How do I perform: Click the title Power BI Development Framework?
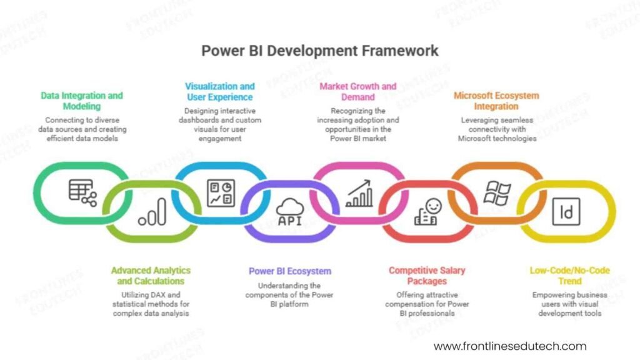click(x=319, y=51)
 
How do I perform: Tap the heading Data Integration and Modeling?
click(x=82, y=101)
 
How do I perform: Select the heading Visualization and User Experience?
click(x=219, y=91)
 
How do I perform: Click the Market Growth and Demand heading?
click(x=357, y=91)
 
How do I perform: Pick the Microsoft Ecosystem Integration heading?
click(x=496, y=101)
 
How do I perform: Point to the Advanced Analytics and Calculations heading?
click(x=151, y=276)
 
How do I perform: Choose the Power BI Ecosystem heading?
click(x=290, y=271)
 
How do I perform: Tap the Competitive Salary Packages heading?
click(x=427, y=276)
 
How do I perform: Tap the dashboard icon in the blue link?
click(x=221, y=192)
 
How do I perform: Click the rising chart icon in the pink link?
click(x=359, y=193)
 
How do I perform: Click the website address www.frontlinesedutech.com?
click(x=510, y=346)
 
